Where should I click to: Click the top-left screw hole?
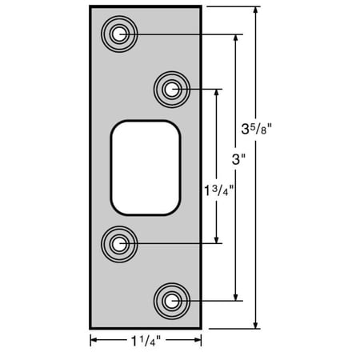(x=119, y=34)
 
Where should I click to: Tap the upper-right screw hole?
(x=172, y=90)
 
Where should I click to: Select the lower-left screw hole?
(x=119, y=244)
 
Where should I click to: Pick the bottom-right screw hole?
(x=172, y=301)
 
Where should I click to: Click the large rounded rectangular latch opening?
(x=146, y=168)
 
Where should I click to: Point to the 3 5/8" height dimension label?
(x=256, y=130)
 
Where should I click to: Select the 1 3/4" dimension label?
(x=218, y=191)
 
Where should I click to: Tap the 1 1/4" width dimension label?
(x=146, y=341)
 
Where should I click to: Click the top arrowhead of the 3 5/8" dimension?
(x=255, y=10)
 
